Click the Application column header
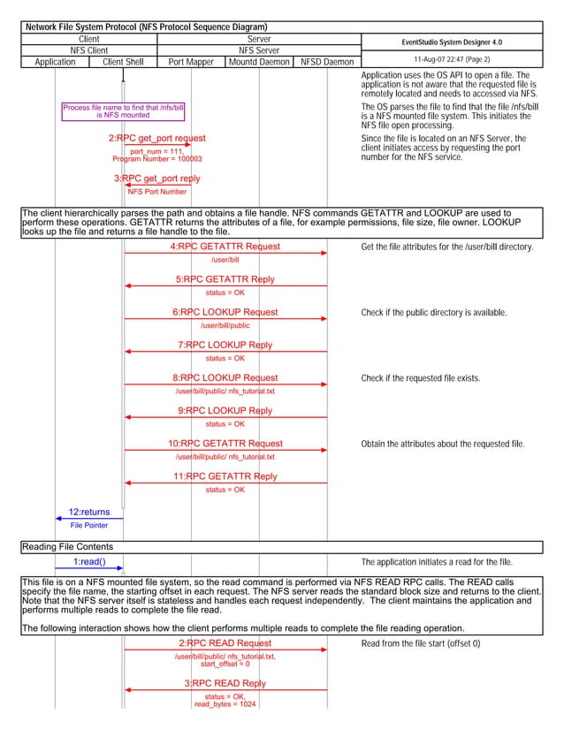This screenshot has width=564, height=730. [x=55, y=62]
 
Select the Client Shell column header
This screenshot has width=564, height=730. [x=123, y=62]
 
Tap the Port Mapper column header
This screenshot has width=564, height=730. [x=191, y=62]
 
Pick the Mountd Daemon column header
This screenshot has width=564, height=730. [x=259, y=62]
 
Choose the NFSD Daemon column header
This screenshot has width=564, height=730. [x=327, y=62]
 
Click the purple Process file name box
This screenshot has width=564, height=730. [x=123, y=111]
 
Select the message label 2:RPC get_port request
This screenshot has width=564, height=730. [x=157, y=139]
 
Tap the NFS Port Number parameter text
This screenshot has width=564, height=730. [x=157, y=192]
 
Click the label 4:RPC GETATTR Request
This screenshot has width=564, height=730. [x=225, y=247]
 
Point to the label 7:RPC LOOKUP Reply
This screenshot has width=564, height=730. [x=225, y=346]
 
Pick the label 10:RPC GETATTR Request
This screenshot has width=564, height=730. [x=225, y=444]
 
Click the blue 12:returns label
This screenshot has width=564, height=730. [x=89, y=512]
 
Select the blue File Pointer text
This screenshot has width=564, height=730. [x=89, y=525]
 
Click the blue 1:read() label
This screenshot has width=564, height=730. [x=88, y=562]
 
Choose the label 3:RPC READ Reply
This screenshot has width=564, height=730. [x=225, y=684]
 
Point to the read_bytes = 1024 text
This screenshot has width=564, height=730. [x=225, y=704]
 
